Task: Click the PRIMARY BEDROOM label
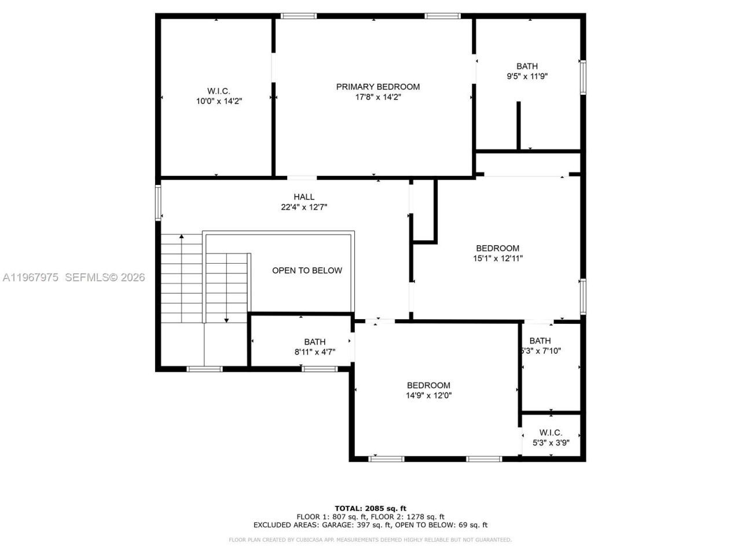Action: click(x=378, y=87)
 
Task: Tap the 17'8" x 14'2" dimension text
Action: click(x=378, y=97)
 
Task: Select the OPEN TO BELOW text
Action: click(x=307, y=271)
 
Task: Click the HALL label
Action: click(x=304, y=197)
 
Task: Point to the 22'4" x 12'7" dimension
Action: click(x=304, y=207)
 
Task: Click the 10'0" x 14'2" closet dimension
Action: click(x=218, y=101)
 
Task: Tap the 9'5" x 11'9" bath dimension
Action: click(x=527, y=76)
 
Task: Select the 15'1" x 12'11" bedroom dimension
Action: click(x=497, y=259)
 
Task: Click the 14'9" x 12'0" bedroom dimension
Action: click(x=428, y=396)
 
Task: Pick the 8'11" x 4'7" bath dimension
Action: click(x=314, y=351)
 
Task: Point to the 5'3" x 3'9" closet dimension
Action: click(x=551, y=443)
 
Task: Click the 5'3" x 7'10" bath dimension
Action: click(x=541, y=351)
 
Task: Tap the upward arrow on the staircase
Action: click(x=182, y=237)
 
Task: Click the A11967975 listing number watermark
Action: click(x=30, y=277)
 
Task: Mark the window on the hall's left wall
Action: click(x=158, y=202)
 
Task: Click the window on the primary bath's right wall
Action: click(x=582, y=77)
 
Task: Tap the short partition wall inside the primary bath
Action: click(x=519, y=125)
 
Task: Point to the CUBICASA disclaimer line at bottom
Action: click(x=370, y=540)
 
